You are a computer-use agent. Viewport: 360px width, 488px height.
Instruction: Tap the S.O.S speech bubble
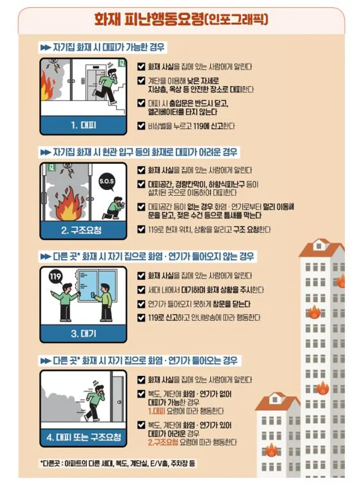[107, 181]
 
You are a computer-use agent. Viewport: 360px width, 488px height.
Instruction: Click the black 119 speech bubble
[56, 277]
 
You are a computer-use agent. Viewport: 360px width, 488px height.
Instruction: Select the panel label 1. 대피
[83, 125]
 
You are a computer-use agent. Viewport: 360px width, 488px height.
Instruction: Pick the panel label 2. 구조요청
[81, 230]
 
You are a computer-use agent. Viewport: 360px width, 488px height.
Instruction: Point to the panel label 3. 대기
[83, 334]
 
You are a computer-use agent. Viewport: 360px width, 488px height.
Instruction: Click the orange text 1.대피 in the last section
[156, 411]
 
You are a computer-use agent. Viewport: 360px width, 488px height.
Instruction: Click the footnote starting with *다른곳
[118, 463]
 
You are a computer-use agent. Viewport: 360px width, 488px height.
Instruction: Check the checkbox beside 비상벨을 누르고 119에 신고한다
[141, 126]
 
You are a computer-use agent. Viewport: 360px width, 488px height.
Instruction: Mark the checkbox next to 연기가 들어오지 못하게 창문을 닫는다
[141, 304]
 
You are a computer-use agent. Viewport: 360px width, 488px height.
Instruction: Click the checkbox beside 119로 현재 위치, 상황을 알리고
[141, 229]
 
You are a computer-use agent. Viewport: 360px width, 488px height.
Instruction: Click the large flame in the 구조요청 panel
[69, 204]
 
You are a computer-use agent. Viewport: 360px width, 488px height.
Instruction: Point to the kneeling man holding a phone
[114, 208]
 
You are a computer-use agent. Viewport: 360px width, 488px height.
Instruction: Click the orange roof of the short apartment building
[278, 401]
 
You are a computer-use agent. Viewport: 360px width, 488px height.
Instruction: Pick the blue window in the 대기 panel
[97, 285]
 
